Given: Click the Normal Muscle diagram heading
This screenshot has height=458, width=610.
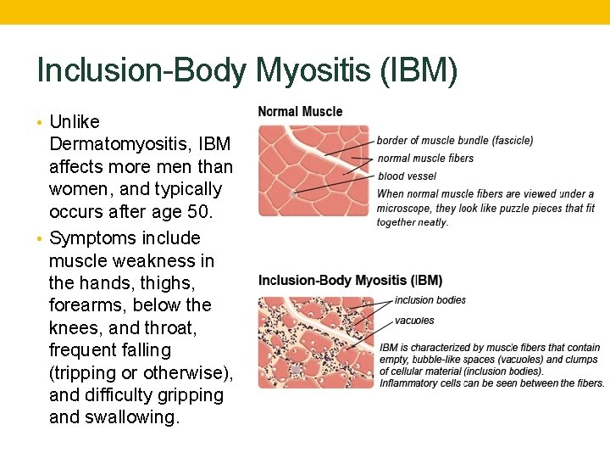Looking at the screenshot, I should tap(300, 111).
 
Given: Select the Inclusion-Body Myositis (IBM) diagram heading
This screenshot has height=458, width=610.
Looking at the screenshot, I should tap(350, 281).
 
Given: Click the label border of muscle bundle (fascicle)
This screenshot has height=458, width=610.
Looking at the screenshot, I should tap(455, 141).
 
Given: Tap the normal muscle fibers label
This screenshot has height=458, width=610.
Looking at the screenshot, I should tap(425, 159).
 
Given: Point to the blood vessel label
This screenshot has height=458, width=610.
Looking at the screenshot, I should tap(407, 176).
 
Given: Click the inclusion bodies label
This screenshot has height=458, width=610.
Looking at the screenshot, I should tap(430, 300).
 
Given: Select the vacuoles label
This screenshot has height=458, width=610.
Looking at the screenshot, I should tap(414, 321).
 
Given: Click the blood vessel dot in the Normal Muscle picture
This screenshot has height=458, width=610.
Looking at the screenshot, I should tap(293, 193).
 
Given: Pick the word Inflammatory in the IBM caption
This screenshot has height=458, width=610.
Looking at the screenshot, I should tap(410, 383).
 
